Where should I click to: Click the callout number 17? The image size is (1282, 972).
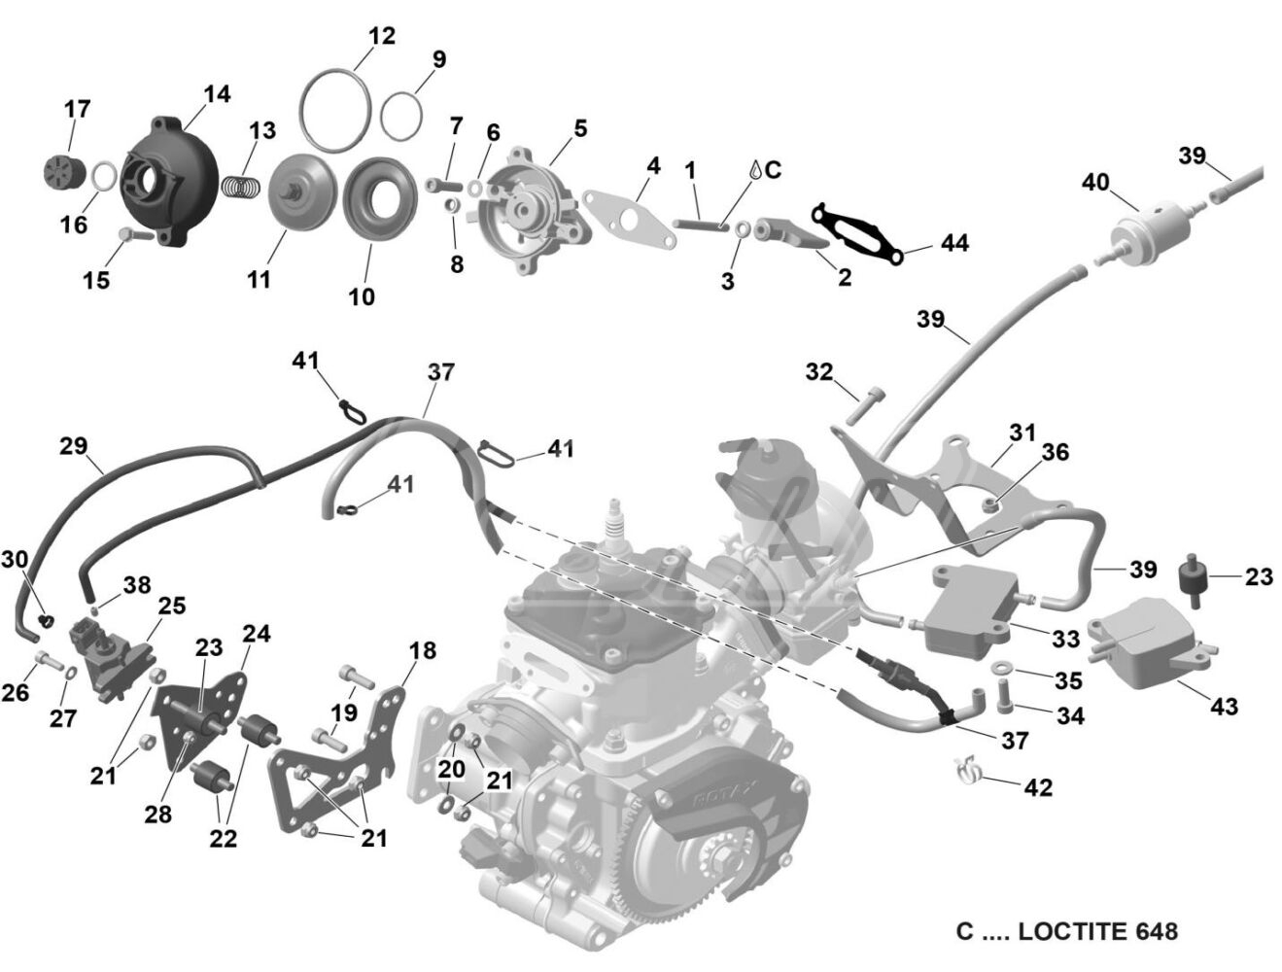click(x=78, y=109)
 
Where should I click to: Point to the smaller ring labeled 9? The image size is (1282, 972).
click(x=401, y=116)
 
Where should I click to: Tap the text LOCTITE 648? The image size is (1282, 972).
click(x=1097, y=930)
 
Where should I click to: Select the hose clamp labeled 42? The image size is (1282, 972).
click(x=967, y=771)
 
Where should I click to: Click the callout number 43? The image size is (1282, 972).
click(x=1224, y=707)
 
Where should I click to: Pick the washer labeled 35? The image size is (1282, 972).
click(x=1002, y=666)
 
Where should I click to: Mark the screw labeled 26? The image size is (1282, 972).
click(x=49, y=661)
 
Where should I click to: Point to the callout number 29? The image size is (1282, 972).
click(x=74, y=446)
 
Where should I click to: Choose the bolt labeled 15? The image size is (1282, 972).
click(x=135, y=235)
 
